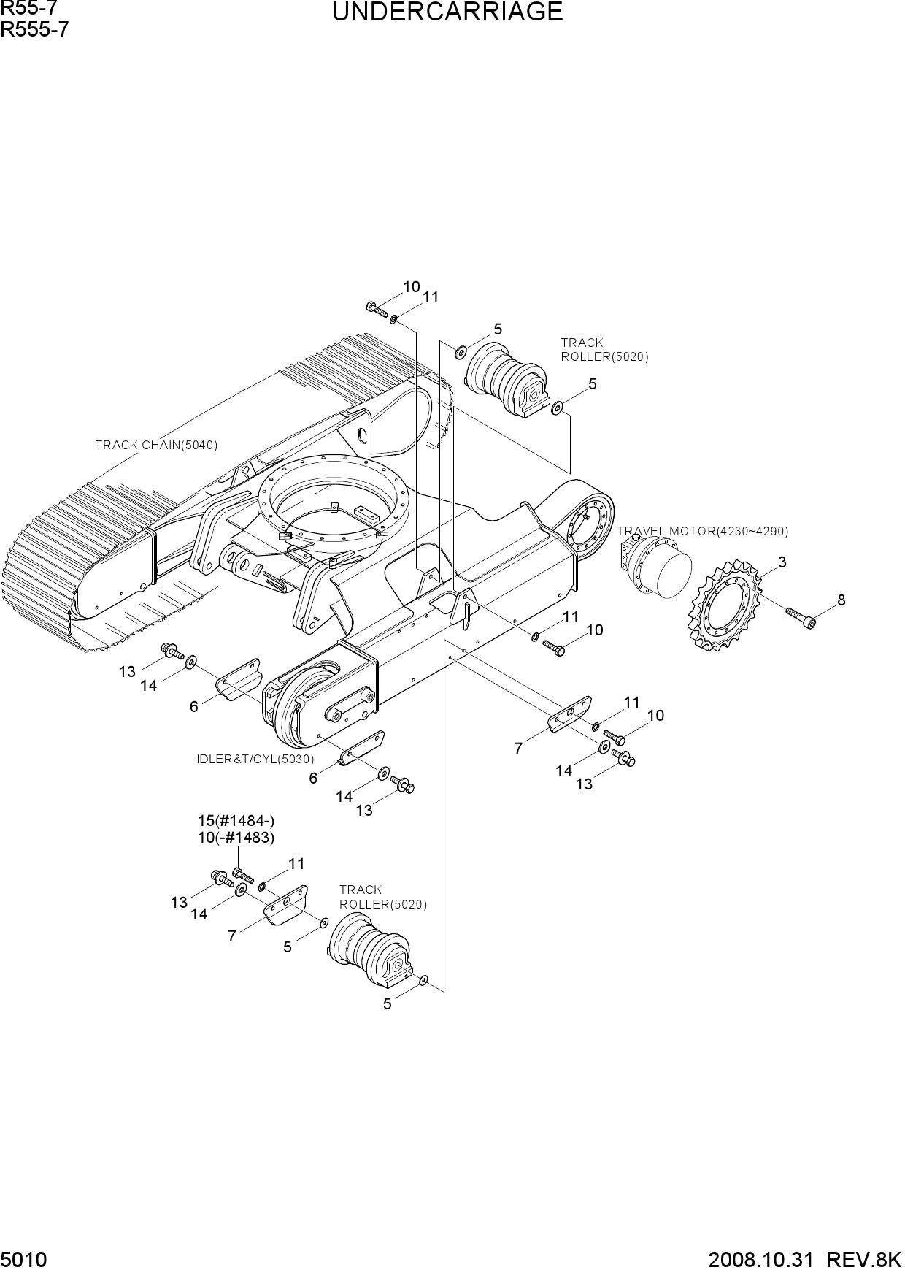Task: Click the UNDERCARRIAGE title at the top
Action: click(x=447, y=12)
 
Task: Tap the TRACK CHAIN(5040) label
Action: click(x=157, y=445)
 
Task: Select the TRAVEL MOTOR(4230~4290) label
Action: click(x=703, y=531)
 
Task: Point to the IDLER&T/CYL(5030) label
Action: click(x=255, y=760)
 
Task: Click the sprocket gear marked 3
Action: click(x=725, y=605)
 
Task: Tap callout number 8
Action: click(x=842, y=600)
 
